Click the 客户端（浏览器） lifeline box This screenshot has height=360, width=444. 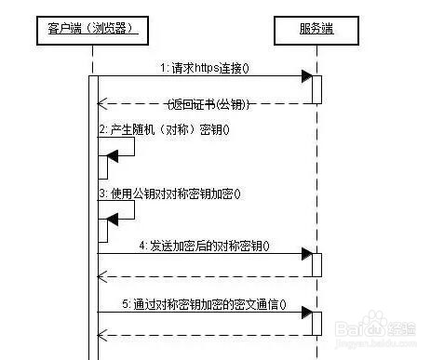click(92, 30)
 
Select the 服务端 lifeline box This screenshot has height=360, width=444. click(316, 30)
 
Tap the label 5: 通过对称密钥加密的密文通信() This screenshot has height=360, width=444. click(205, 303)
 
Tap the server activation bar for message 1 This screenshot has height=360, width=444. click(316, 89)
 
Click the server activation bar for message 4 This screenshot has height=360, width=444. click(316, 264)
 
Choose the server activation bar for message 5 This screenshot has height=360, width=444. click(316, 324)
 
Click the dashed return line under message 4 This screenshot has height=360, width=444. click(205, 275)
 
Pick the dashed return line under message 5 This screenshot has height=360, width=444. click(205, 335)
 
